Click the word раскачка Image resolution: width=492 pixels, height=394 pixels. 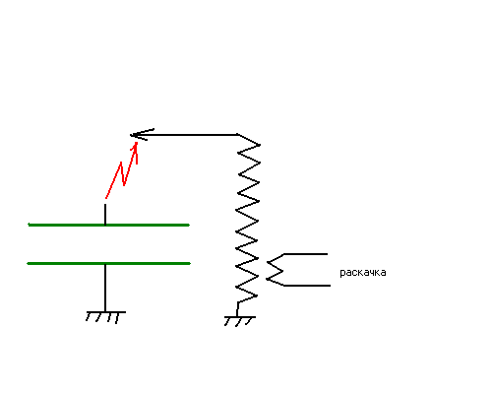(363, 273)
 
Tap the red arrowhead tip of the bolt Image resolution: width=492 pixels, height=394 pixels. (136, 143)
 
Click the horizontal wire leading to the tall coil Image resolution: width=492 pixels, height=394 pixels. (184, 135)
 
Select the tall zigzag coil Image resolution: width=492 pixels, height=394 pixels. (248, 219)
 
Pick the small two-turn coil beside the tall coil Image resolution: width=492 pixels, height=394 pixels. (275, 271)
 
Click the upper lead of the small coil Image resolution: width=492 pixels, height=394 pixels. (306, 254)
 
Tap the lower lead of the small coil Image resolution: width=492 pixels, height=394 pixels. (307, 286)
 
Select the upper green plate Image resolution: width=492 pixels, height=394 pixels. (109, 225)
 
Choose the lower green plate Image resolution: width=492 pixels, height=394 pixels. (109, 263)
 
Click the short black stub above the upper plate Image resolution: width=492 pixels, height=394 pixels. (105, 214)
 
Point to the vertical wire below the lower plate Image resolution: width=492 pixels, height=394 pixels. (105, 288)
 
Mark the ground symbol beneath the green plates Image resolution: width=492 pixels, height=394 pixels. (105, 317)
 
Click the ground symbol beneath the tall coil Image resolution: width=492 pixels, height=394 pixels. (240, 321)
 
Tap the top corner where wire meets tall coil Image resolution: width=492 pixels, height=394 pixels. (238, 134)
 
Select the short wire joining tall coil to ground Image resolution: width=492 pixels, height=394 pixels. (237, 309)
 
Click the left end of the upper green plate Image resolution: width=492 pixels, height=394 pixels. (29, 225)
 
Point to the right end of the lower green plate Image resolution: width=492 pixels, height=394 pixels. (190, 263)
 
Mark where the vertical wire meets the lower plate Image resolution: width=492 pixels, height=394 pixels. (105, 264)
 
